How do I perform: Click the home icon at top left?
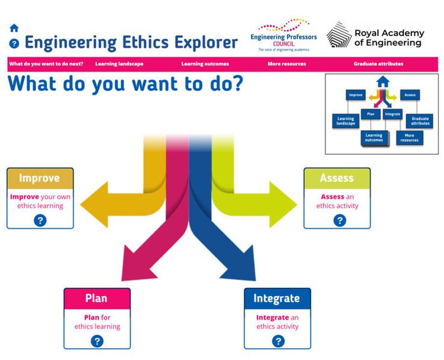coord(14,28)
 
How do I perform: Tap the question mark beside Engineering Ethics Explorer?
coord(14,43)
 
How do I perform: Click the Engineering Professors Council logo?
coord(283,34)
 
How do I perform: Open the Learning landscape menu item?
coord(119,64)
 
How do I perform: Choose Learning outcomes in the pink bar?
coord(205,64)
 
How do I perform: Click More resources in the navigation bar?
coord(287,64)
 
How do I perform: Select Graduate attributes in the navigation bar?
coord(378,64)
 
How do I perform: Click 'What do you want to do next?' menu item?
coord(46,64)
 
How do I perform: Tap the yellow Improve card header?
coord(40,178)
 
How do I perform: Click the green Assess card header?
coord(336,178)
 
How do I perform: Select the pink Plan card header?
coord(97,299)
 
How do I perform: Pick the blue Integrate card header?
coord(277,299)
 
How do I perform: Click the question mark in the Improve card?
coord(40,220)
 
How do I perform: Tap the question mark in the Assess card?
coord(339,220)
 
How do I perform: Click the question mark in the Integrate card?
coord(278,341)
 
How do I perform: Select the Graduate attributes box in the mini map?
coord(420,120)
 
